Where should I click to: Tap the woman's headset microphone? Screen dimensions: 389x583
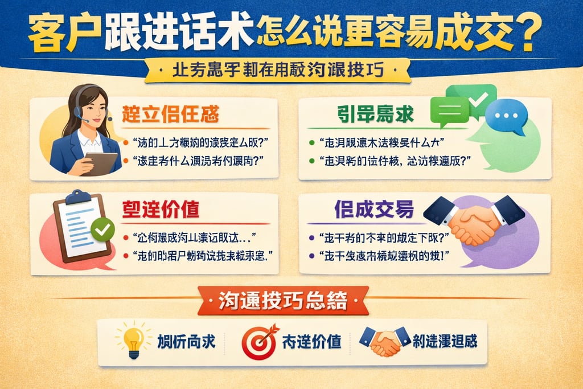[x=85, y=121]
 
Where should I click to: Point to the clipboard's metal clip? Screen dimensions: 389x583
[x=78, y=198]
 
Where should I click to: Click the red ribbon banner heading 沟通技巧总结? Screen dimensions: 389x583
[x=283, y=301]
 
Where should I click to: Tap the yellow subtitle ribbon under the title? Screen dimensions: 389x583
[x=278, y=71]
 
